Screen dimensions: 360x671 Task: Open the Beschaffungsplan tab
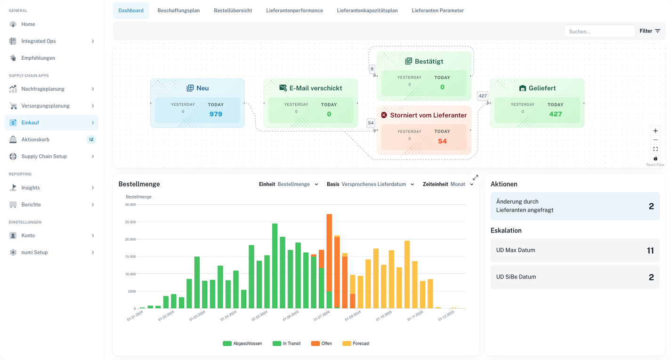[x=178, y=10]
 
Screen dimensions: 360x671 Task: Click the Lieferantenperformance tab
[x=294, y=10]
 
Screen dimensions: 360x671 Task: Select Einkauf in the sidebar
[x=30, y=123]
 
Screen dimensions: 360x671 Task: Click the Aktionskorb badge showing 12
[x=91, y=140]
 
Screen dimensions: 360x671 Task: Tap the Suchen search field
[x=599, y=31]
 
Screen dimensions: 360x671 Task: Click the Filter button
[x=650, y=31]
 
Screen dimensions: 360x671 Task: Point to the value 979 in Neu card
[x=216, y=114]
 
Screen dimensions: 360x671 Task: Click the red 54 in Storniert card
[x=442, y=141]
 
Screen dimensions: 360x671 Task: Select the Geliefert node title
[x=542, y=88]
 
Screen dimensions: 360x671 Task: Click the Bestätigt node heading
[x=428, y=61]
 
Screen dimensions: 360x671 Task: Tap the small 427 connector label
[x=483, y=96]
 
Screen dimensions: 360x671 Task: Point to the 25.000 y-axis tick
[x=130, y=222]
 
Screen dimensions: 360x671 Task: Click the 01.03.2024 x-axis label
[x=197, y=316]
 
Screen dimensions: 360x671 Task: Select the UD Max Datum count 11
[x=650, y=250]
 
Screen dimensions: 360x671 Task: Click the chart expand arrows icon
[x=475, y=178]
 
